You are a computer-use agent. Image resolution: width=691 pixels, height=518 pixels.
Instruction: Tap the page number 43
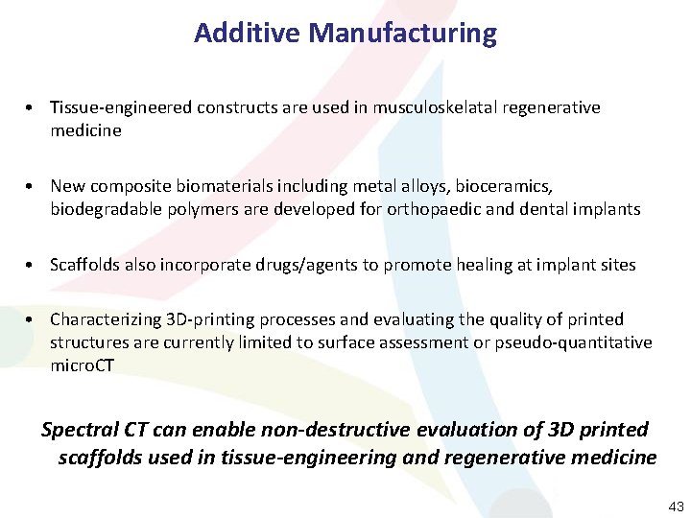pos(676,506)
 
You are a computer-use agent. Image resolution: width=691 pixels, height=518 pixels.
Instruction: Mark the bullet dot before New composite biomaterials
pos(33,185)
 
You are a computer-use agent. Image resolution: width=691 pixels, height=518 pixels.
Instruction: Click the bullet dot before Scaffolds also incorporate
pos(33,265)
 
